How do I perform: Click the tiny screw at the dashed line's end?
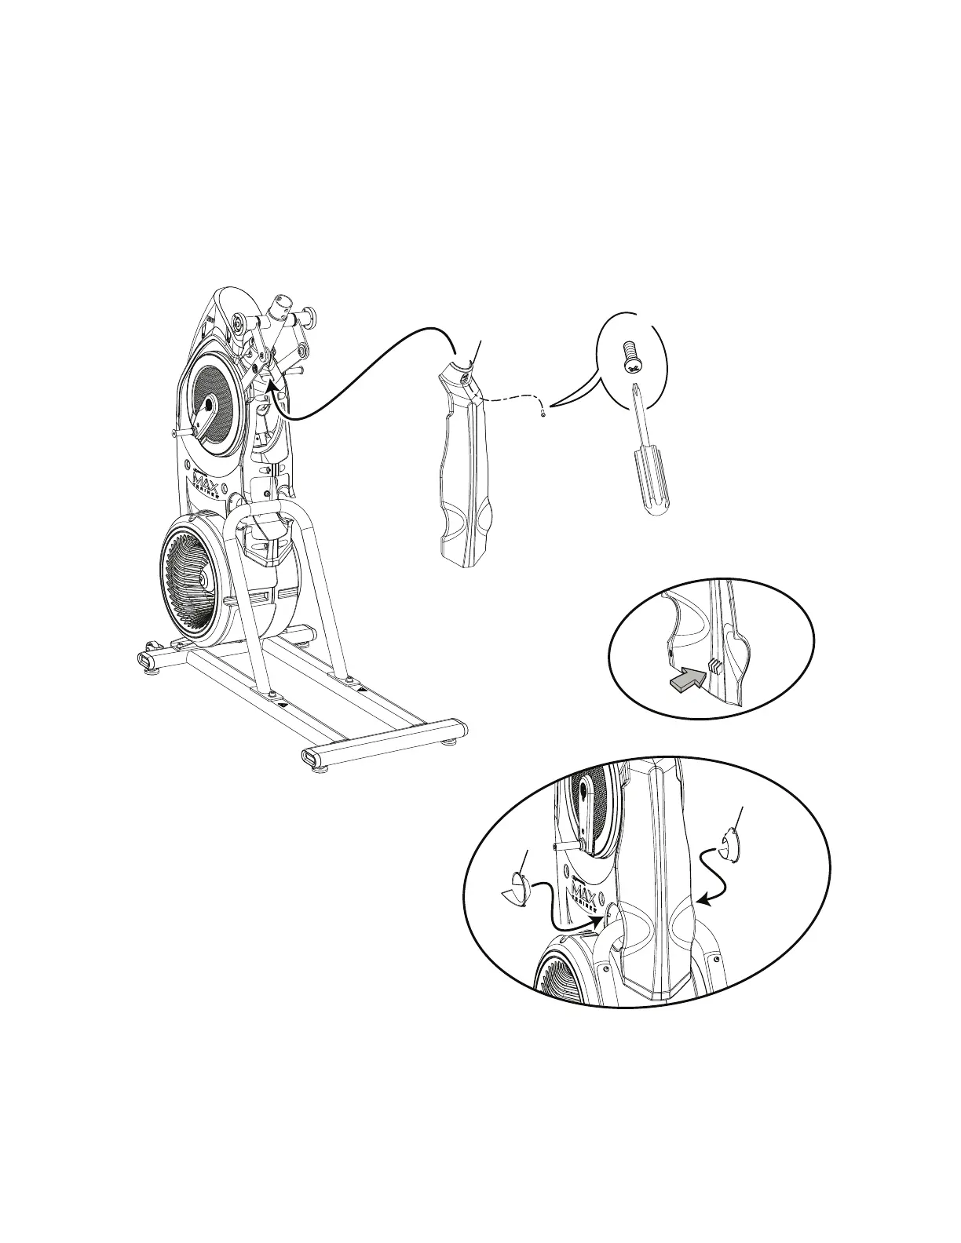[543, 413]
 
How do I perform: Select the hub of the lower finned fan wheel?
[203, 578]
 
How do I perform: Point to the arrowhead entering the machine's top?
[271, 383]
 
